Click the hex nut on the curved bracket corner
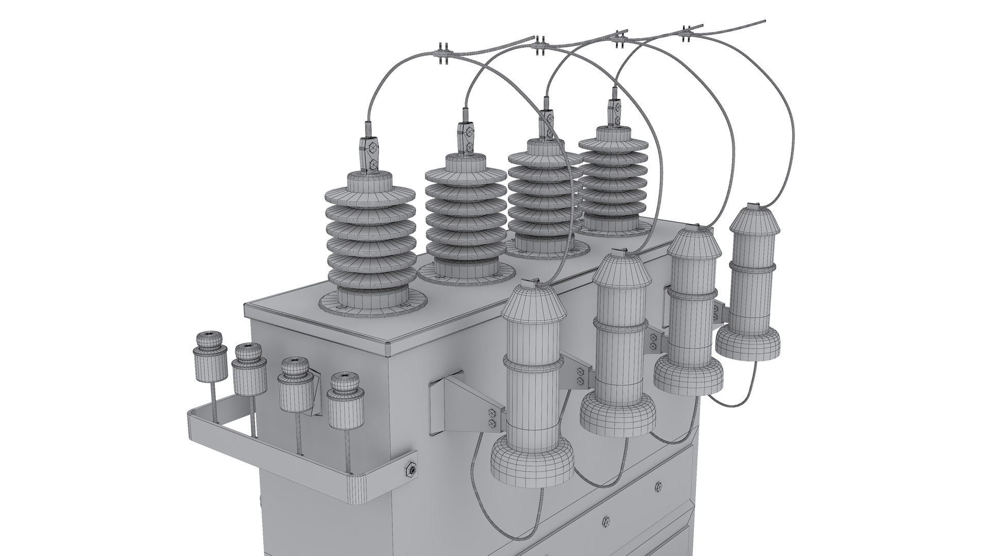pos(411,455)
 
